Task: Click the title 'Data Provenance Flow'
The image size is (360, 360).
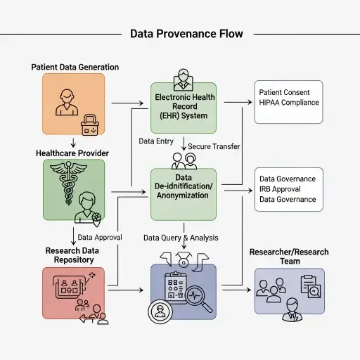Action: (x=186, y=34)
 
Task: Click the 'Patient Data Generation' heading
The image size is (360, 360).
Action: (x=75, y=67)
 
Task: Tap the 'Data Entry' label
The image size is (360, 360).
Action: (x=156, y=141)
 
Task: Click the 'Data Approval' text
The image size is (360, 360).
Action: (x=100, y=238)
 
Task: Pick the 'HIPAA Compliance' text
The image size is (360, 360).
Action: (x=289, y=103)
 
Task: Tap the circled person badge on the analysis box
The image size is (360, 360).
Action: (x=160, y=310)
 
